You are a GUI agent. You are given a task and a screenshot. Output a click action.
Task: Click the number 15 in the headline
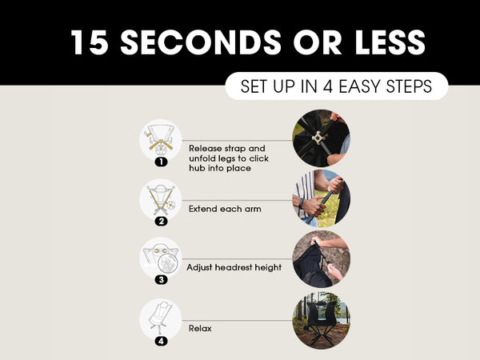tap(90, 42)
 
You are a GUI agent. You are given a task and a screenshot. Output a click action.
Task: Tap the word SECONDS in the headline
tap(201, 42)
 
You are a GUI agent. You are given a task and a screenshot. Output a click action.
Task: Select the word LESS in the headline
tap(390, 42)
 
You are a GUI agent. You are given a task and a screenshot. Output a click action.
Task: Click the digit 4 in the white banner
tap(327, 86)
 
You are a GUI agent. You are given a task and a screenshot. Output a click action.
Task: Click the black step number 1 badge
tap(161, 162)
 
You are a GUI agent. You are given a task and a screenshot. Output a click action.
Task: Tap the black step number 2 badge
tap(161, 221)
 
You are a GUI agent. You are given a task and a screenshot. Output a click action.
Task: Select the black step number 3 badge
tap(161, 279)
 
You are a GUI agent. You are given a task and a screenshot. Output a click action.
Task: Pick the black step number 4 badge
tap(161, 341)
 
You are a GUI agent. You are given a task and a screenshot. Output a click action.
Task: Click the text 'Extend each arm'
tap(225, 209)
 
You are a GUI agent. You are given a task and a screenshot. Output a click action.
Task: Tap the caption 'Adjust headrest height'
tap(234, 267)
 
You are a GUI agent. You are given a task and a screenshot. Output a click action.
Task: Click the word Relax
tap(200, 329)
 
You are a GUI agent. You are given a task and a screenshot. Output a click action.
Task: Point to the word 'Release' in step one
tap(206, 149)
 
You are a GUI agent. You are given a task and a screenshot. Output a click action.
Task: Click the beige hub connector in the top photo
tap(318, 138)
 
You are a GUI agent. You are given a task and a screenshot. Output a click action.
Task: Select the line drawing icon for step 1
tap(161, 140)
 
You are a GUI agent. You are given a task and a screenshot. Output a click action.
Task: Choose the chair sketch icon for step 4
tap(161, 319)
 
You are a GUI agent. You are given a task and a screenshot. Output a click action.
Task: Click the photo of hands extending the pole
tap(322, 198)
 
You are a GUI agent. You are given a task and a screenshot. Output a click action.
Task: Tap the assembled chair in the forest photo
tap(322, 321)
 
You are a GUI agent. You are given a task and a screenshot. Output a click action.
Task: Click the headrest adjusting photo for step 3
tap(322, 259)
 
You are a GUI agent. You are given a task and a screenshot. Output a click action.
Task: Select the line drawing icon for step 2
tap(161, 199)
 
